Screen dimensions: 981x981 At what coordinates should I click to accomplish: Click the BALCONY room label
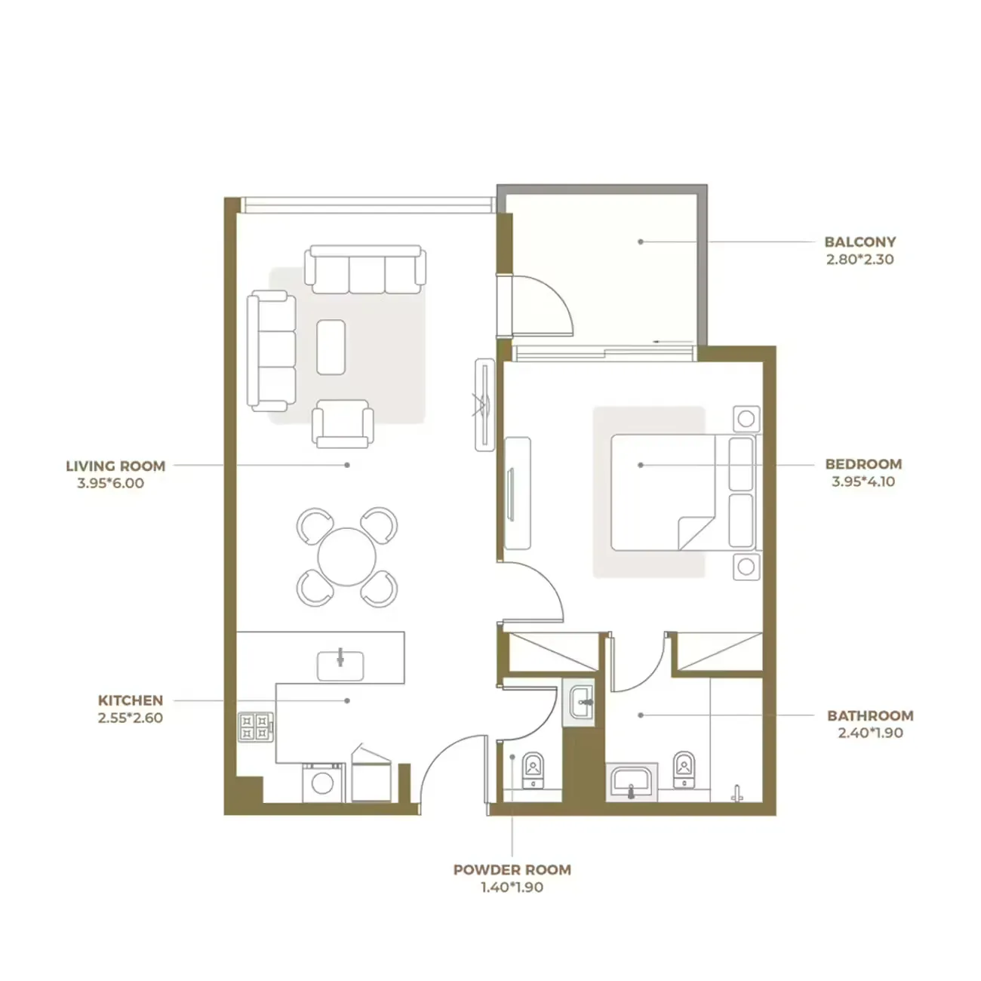point(860,242)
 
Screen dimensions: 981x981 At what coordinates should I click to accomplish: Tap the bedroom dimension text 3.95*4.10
point(863,481)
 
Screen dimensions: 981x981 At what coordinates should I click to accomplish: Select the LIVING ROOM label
point(115,466)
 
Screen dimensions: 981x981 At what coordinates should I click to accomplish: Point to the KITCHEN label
point(131,700)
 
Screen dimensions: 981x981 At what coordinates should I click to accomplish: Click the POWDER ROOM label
point(512,869)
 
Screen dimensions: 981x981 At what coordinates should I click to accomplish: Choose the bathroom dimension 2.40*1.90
point(870,733)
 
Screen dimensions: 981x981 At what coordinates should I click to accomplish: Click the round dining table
point(347,558)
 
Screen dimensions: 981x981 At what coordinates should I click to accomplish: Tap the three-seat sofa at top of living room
point(363,269)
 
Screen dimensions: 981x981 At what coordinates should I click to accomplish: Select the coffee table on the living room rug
point(331,347)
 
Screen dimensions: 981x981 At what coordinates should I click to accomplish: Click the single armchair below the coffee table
point(343,424)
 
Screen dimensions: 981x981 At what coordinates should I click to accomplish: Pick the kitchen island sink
point(340,664)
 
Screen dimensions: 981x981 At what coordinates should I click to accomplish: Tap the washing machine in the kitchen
point(323,783)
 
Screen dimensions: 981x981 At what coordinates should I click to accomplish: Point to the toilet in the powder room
point(534,769)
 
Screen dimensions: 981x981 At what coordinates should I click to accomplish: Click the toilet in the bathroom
point(683,769)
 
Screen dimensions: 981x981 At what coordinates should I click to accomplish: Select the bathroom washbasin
point(632,781)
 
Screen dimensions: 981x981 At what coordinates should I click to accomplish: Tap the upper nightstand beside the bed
point(746,417)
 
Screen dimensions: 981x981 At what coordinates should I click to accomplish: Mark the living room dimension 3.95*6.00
point(110,484)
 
